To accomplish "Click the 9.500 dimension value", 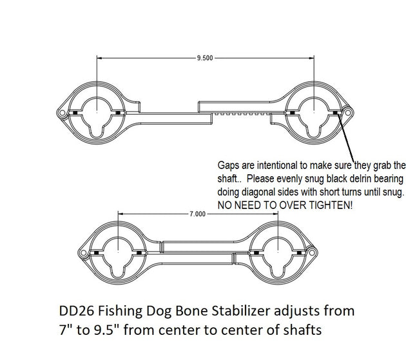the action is [x=205, y=58].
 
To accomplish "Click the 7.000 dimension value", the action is [x=197, y=214].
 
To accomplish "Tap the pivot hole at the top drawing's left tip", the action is [x=62, y=113].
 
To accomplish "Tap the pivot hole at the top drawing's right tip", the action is [x=348, y=113].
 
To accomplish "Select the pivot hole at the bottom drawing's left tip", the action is [x=83, y=253].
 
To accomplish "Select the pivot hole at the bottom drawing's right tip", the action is [x=312, y=252].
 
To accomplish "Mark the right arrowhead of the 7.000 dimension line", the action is [x=275, y=214].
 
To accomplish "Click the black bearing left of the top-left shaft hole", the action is [x=75, y=113].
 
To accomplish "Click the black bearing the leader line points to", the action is [x=335, y=113].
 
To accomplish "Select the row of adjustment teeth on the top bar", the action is [x=242, y=114].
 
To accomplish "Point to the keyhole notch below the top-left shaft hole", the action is [x=97, y=132].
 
